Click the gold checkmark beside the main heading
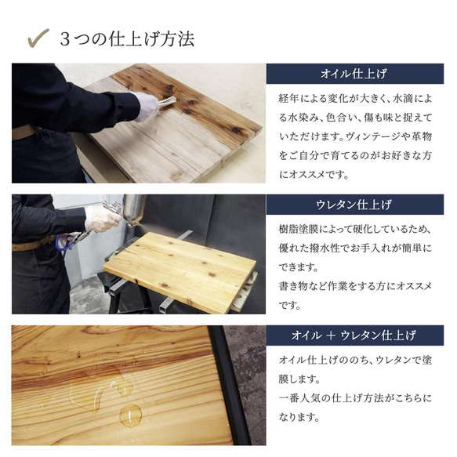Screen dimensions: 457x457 pos(37,37)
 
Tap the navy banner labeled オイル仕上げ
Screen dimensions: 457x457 pos(355,74)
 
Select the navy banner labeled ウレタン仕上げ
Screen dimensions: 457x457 pos(355,205)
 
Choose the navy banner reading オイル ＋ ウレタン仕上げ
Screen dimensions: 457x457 pos(355,335)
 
